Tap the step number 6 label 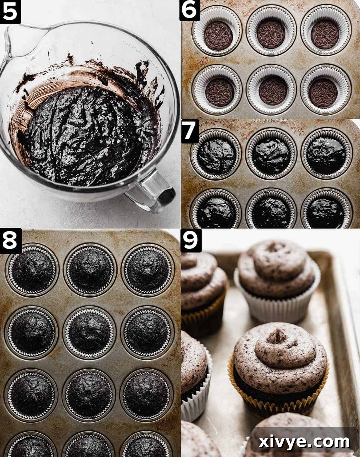click(x=190, y=11)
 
